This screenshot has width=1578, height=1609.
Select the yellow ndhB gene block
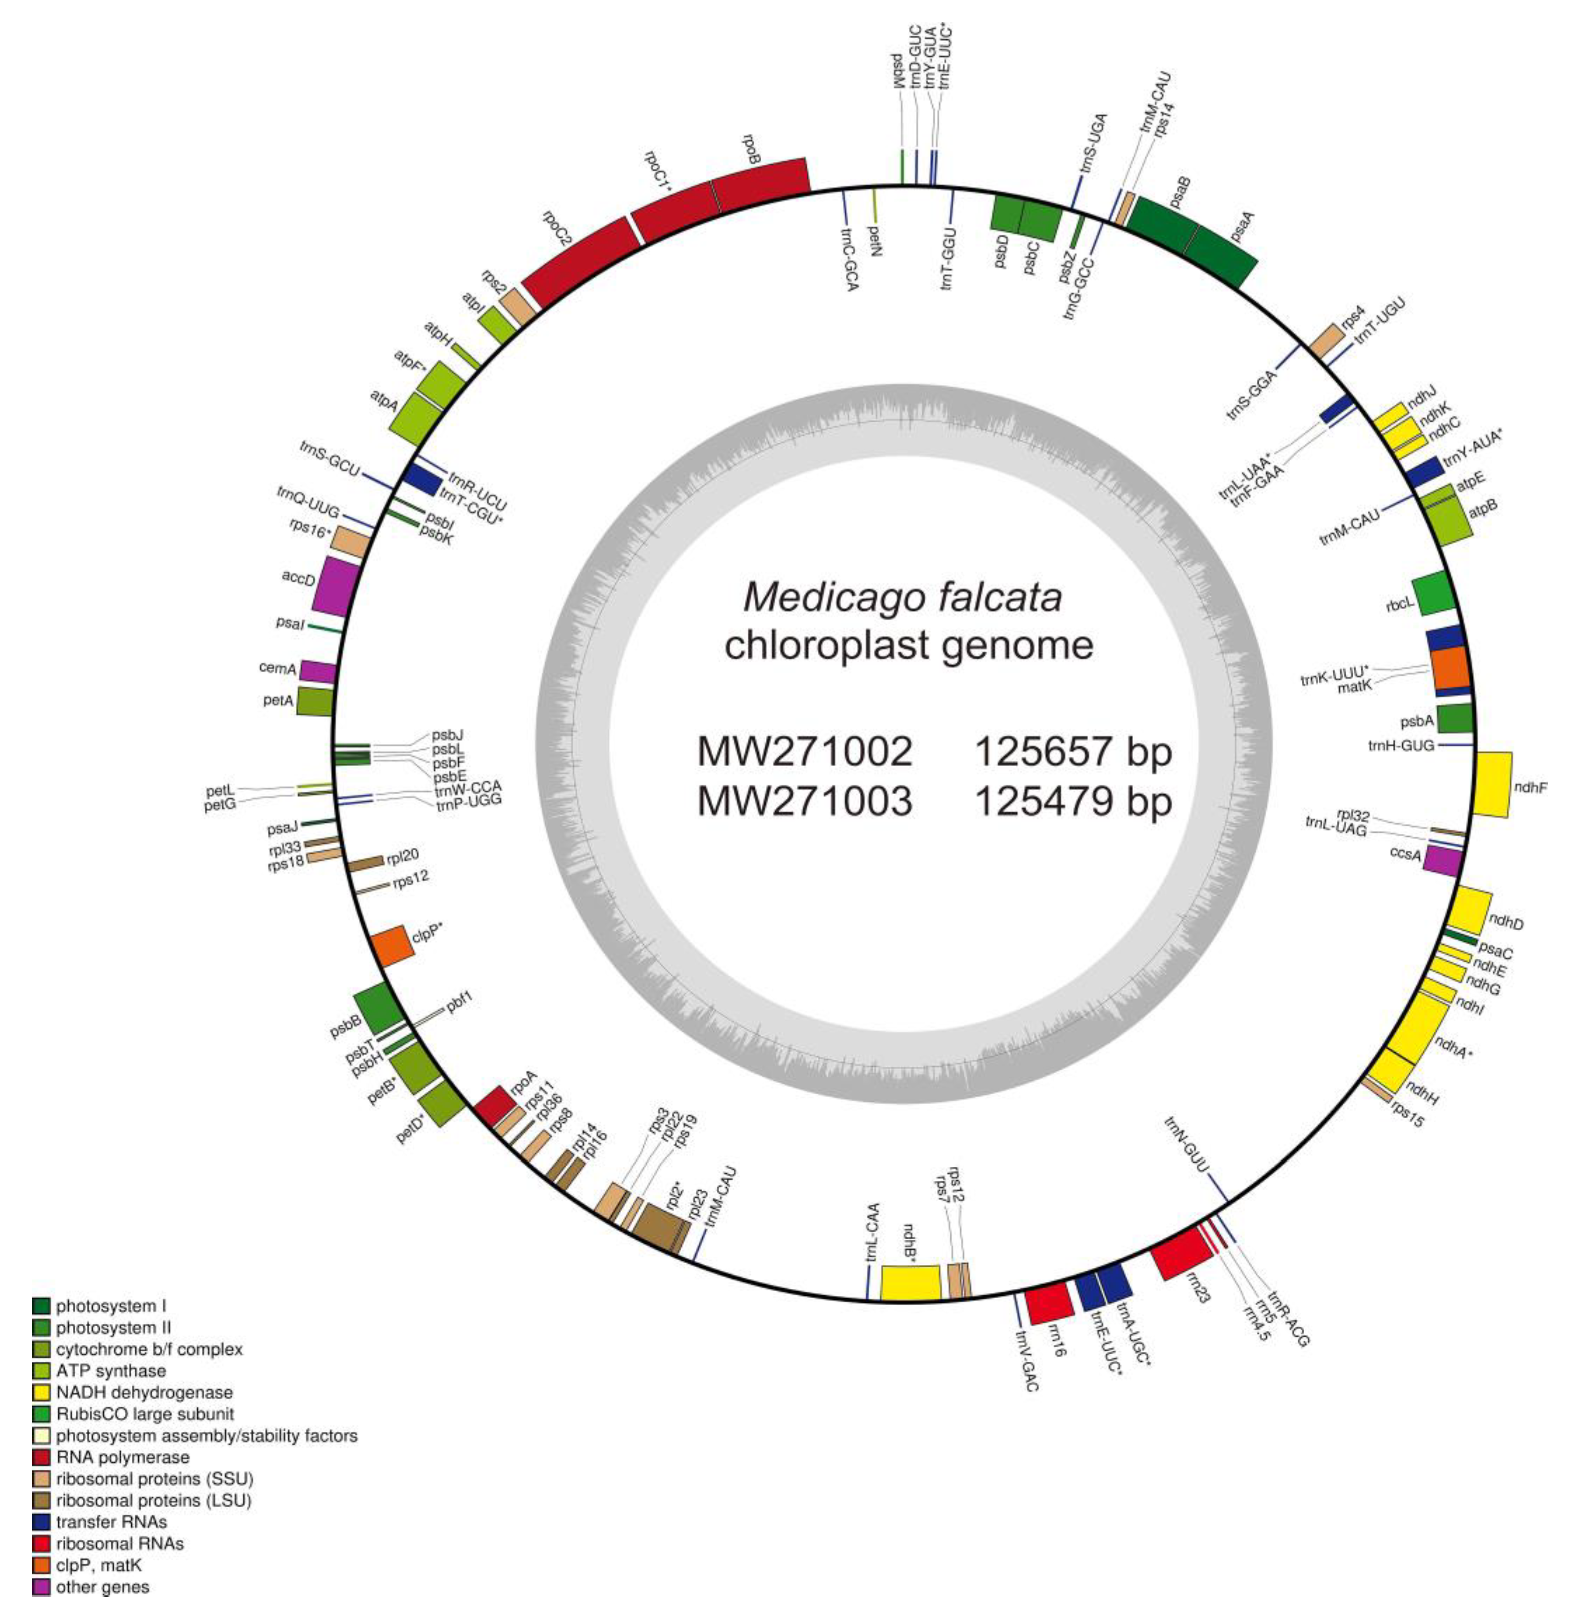point(910,1282)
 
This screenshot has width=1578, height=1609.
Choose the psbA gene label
point(1415,721)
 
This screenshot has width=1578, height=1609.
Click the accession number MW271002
point(804,752)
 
